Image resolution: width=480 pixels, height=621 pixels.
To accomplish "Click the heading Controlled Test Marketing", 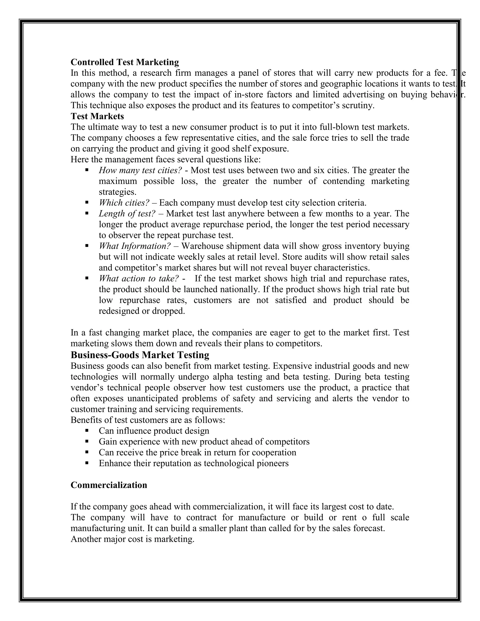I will [x=124, y=62].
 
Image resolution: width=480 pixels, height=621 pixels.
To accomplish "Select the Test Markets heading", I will [x=97, y=116].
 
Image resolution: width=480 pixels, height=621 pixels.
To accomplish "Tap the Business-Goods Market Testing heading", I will [x=140, y=355].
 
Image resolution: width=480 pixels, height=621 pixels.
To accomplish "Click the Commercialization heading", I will [x=109, y=485].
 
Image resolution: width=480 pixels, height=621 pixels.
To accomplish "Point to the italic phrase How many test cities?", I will [x=140, y=170].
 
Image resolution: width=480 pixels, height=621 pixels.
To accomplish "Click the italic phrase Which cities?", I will [x=124, y=203].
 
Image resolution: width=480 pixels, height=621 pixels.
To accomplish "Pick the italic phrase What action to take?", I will [x=139, y=278].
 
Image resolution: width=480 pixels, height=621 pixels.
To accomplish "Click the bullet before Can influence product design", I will [x=87, y=431].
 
